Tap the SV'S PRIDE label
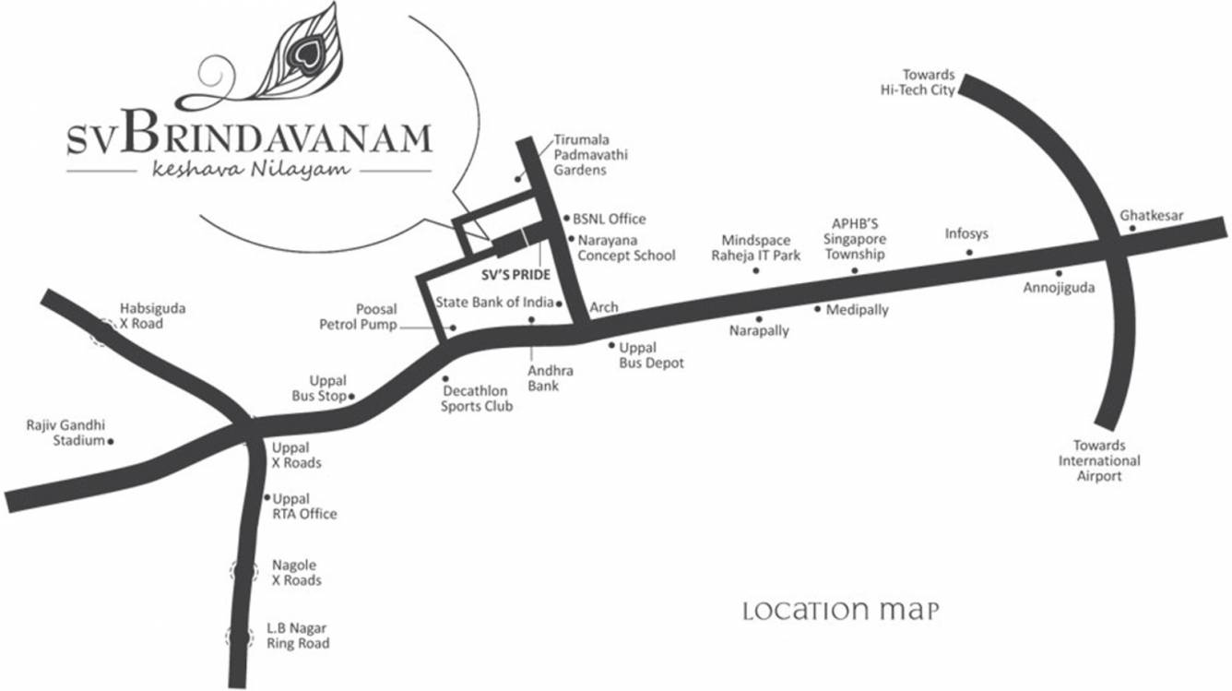(516, 275)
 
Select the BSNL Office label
(610, 220)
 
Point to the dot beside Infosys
(969, 252)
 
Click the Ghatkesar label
(1152, 216)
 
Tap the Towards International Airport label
(1099, 460)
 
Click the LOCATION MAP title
(841, 611)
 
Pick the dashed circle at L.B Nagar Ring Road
(240, 636)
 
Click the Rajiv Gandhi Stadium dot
(112, 442)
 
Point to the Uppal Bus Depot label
(651, 355)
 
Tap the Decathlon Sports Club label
(476, 399)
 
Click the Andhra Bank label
(551, 378)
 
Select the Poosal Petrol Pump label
(359, 316)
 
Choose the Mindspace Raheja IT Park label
(755, 248)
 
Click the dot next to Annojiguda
(1059, 273)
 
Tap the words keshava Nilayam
(249, 169)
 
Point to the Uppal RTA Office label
(304, 506)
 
